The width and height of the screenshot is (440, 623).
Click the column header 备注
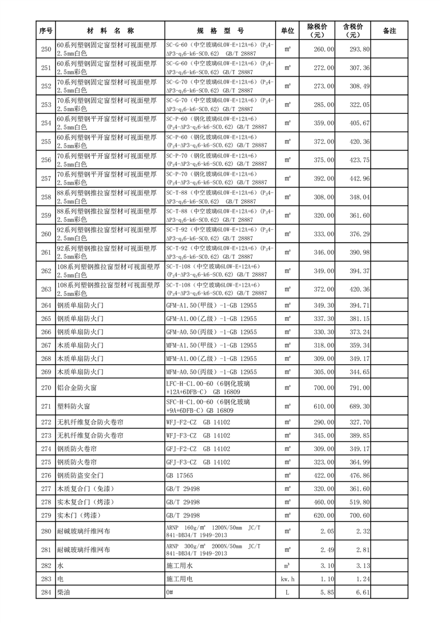pos(390,31)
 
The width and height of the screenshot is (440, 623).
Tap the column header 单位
pos(287,31)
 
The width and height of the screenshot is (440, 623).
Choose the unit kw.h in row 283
pos(287,579)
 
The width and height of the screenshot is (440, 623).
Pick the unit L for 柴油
pos(287,592)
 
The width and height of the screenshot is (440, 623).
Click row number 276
pos(46,475)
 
